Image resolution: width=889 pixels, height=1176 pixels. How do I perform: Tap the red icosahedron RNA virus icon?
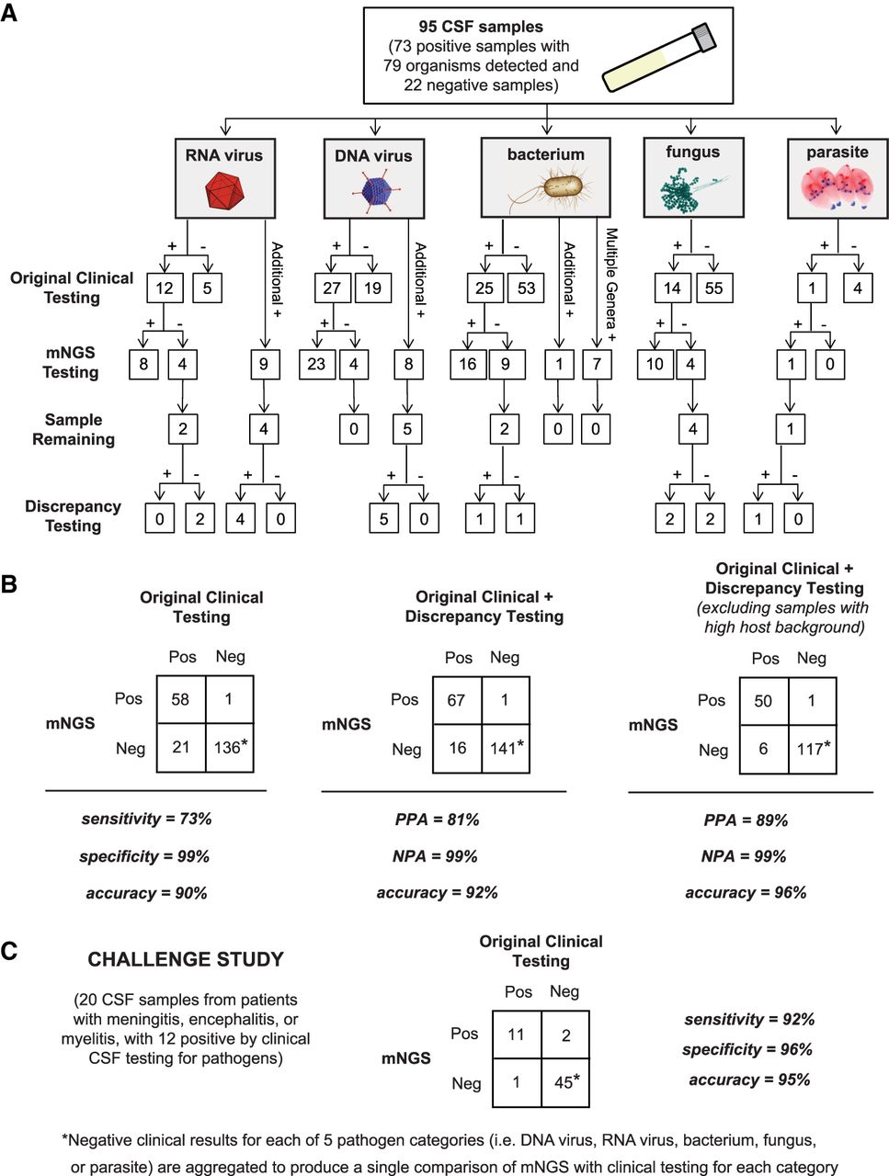(x=223, y=191)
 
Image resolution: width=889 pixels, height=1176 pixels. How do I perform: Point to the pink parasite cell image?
(x=838, y=187)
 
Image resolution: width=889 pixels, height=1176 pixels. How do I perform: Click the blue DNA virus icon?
(x=373, y=191)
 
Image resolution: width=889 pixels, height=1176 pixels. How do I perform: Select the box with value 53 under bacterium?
(x=527, y=288)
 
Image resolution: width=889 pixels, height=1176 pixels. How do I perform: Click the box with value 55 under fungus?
(x=713, y=288)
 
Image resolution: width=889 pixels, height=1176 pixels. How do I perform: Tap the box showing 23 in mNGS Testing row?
(x=316, y=364)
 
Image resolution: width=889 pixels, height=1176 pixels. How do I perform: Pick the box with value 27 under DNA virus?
(x=332, y=288)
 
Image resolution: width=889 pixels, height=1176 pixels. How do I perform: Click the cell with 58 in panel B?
(x=180, y=699)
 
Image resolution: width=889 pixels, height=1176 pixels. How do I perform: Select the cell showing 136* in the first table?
(x=230, y=747)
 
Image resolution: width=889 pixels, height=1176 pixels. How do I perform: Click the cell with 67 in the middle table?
(x=457, y=700)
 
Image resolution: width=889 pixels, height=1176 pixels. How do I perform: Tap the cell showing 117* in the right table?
(x=813, y=749)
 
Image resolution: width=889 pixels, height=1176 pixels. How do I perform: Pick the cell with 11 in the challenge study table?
(x=517, y=1035)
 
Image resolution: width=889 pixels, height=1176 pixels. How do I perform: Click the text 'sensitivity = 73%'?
(x=146, y=819)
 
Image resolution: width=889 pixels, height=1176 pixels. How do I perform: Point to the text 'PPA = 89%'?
(x=746, y=820)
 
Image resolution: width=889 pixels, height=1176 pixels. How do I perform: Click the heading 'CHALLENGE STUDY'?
(x=186, y=959)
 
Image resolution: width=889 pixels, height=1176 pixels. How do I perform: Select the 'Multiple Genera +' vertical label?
(x=610, y=286)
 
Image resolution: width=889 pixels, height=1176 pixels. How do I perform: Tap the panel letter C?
(x=9, y=951)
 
